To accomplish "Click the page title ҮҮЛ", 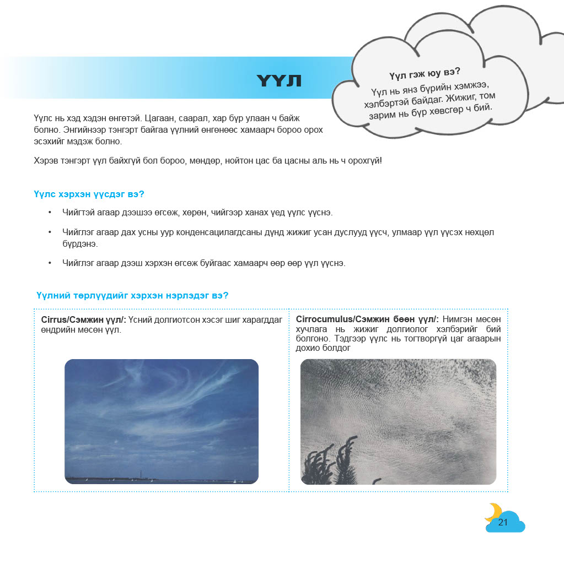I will coord(279,82).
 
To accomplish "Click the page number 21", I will coord(502,522).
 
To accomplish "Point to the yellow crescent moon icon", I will coord(492,512).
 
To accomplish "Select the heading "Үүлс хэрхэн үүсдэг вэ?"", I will coord(89,194).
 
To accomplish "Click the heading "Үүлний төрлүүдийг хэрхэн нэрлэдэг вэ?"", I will coord(132,296).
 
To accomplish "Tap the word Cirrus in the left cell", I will coord(53,320).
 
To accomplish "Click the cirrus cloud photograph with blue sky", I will coord(161,421).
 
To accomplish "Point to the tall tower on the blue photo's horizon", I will coord(142,474).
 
